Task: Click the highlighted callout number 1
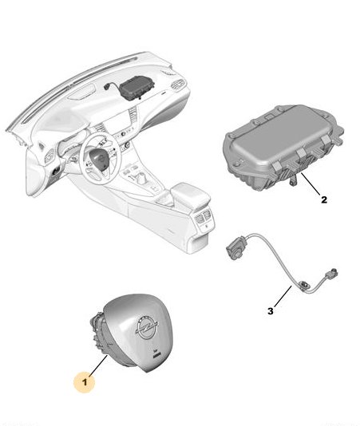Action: click(x=85, y=382)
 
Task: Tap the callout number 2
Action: click(x=324, y=200)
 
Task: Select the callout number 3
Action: click(x=270, y=311)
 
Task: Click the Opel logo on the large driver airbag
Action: click(x=147, y=327)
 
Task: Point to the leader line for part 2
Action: click(x=311, y=184)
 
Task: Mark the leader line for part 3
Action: click(x=283, y=296)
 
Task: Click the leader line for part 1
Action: click(x=98, y=366)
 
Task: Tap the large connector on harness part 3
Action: click(x=235, y=247)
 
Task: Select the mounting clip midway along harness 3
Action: click(x=303, y=286)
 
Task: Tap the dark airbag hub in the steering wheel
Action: click(x=101, y=160)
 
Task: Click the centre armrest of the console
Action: click(x=191, y=195)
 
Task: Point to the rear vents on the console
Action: click(x=203, y=216)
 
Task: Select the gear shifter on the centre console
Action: click(x=142, y=177)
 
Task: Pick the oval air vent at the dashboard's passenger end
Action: click(x=178, y=85)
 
